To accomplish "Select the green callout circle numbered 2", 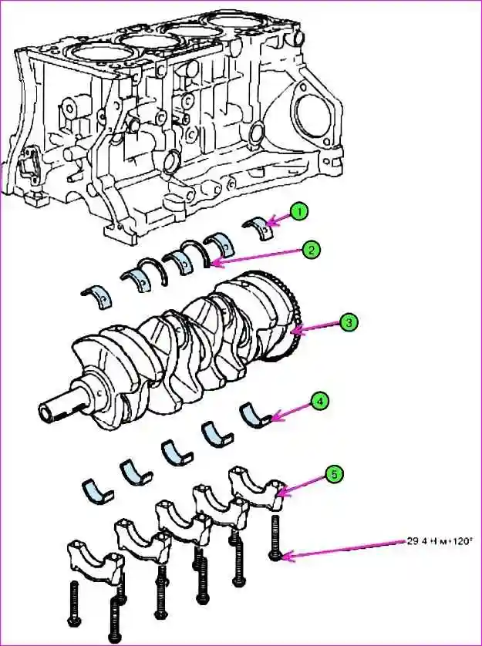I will click(x=311, y=249).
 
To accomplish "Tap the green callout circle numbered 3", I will click(x=349, y=323).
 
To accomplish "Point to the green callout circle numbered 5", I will click(x=333, y=474).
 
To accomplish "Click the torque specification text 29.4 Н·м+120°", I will click(x=443, y=541).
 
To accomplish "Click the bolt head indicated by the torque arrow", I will click(x=276, y=553).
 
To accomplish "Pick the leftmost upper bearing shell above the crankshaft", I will click(x=98, y=293).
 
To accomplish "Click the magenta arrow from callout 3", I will click(x=315, y=328).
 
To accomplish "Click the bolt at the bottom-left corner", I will click(x=74, y=606).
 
